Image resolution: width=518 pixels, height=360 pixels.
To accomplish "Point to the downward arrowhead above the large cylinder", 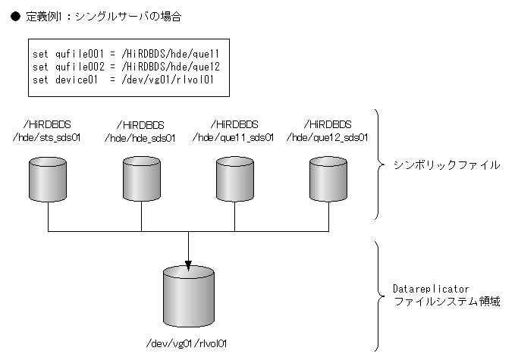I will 188,263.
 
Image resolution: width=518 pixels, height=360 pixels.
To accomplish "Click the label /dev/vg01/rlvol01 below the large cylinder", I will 188,343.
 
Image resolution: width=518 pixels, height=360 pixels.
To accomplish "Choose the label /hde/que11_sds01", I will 234,137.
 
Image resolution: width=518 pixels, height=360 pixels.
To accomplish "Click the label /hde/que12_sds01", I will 328,137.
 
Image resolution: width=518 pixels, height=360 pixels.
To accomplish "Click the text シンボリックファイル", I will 446,165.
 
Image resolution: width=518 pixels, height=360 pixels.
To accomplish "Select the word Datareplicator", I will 432,290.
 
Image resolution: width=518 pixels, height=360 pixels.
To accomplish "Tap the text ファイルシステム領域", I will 446,302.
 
